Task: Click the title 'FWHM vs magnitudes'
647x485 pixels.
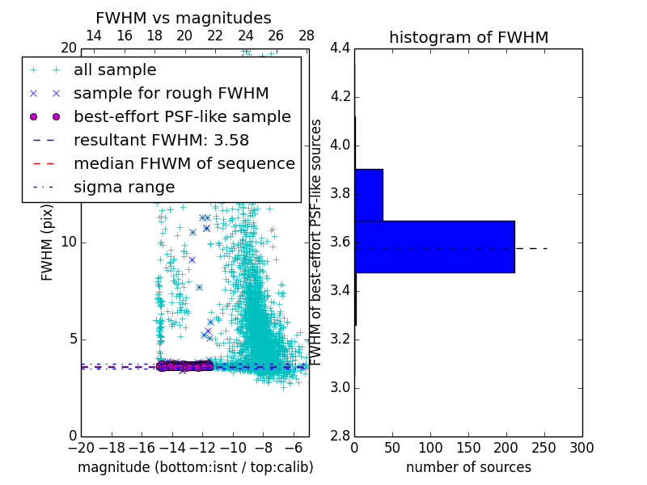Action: tap(184, 18)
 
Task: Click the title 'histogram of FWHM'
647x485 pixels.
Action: tap(468, 37)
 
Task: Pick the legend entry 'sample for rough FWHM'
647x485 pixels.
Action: tap(171, 93)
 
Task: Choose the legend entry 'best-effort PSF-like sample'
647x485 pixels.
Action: tap(182, 116)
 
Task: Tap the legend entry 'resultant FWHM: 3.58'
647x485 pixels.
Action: tap(161, 140)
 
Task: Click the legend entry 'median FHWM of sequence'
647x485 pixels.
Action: tap(184, 163)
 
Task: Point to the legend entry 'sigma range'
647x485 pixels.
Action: tap(124, 187)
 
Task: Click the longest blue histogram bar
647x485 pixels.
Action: tap(434, 247)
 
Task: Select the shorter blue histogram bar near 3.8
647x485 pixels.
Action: tap(369, 195)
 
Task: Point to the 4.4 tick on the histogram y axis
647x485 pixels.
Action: tap(340, 48)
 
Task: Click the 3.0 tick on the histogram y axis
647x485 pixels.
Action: tap(340, 387)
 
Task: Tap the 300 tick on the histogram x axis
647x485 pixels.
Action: tap(581, 447)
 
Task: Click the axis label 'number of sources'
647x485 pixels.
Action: tap(468, 467)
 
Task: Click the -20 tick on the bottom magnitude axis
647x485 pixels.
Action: tap(81, 447)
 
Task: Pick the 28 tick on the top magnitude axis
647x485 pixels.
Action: tap(307, 36)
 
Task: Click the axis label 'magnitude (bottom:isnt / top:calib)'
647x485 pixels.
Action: tap(195, 467)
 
